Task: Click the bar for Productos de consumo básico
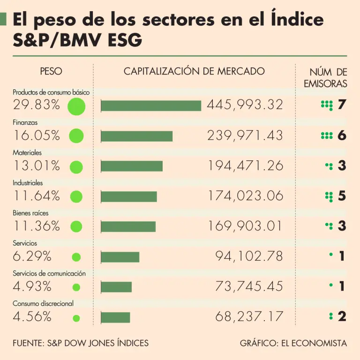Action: [x=151, y=105]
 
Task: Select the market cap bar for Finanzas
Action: [x=137, y=136]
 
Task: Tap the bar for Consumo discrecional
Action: [x=115, y=317]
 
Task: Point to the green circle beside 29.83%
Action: [x=76, y=106]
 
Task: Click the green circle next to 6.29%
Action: [x=76, y=257]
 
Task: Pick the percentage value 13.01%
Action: [x=37, y=166]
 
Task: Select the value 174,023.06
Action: [x=246, y=196]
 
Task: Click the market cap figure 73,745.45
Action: [x=249, y=286]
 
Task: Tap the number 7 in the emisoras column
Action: [x=342, y=105]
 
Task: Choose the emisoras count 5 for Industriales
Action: [x=342, y=196]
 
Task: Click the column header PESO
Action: [x=51, y=72]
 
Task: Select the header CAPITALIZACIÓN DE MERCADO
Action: [x=194, y=72]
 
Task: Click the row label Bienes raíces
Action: [x=30, y=213]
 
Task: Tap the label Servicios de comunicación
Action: [x=49, y=273]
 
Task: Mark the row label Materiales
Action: [x=27, y=152]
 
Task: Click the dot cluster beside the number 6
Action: [x=326, y=136]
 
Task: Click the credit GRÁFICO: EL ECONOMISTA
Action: [x=293, y=343]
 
